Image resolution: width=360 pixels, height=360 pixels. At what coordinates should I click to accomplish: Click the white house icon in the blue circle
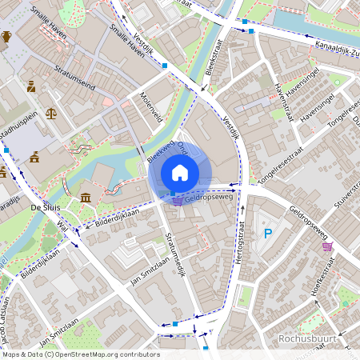180,172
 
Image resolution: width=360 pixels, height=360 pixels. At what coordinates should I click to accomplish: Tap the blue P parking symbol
268,234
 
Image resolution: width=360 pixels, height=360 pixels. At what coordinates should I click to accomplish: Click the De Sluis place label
46,207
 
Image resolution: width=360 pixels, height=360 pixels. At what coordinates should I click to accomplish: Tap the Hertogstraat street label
237,257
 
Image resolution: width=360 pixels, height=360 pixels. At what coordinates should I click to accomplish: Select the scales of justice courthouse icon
52,114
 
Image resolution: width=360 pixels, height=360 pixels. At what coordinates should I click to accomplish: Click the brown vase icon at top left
6,36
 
